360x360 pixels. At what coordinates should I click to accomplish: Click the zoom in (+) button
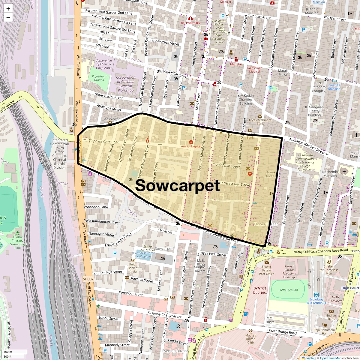pos(8,9)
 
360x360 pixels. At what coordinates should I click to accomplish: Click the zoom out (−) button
pos(8,18)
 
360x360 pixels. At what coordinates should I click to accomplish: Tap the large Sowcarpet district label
pos(178,185)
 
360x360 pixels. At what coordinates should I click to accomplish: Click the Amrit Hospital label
pos(191,146)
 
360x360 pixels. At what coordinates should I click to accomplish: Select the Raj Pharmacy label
pos(190,23)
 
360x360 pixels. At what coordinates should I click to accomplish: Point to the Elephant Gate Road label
pos(104,141)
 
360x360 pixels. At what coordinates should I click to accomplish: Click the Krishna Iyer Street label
pos(235,184)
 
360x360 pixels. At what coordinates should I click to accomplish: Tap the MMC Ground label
pos(289,290)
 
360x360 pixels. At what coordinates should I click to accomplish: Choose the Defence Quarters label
pos(260,290)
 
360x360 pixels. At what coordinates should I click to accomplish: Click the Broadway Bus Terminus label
pos(316,301)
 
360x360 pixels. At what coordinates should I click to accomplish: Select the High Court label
pos(350,288)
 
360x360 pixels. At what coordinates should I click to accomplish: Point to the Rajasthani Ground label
pos(99,78)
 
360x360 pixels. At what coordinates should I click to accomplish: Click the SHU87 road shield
pos(88,279)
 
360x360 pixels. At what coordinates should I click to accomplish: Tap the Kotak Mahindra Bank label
pos(260,122)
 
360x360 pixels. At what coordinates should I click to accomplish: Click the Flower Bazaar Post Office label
pos(266,270)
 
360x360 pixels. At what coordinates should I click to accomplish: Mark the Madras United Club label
pos(250,339)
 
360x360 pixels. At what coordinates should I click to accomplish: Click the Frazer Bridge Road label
pos(282,331)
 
